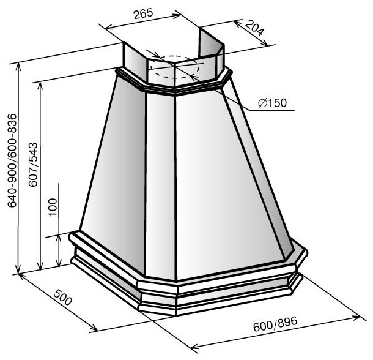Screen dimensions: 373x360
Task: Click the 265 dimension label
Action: point(143,14)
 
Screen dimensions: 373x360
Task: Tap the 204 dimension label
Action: point(254,28)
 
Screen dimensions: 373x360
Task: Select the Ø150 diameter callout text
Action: point(273,103)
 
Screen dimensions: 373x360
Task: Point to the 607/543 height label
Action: point(33,164)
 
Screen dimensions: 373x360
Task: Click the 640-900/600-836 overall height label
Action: point(12,160)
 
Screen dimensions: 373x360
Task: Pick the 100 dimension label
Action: point(53,207)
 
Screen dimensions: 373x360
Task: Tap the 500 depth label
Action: point(62,297)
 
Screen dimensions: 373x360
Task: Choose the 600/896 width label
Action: point(275,324)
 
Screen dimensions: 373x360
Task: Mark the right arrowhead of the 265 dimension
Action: point(177,16)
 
